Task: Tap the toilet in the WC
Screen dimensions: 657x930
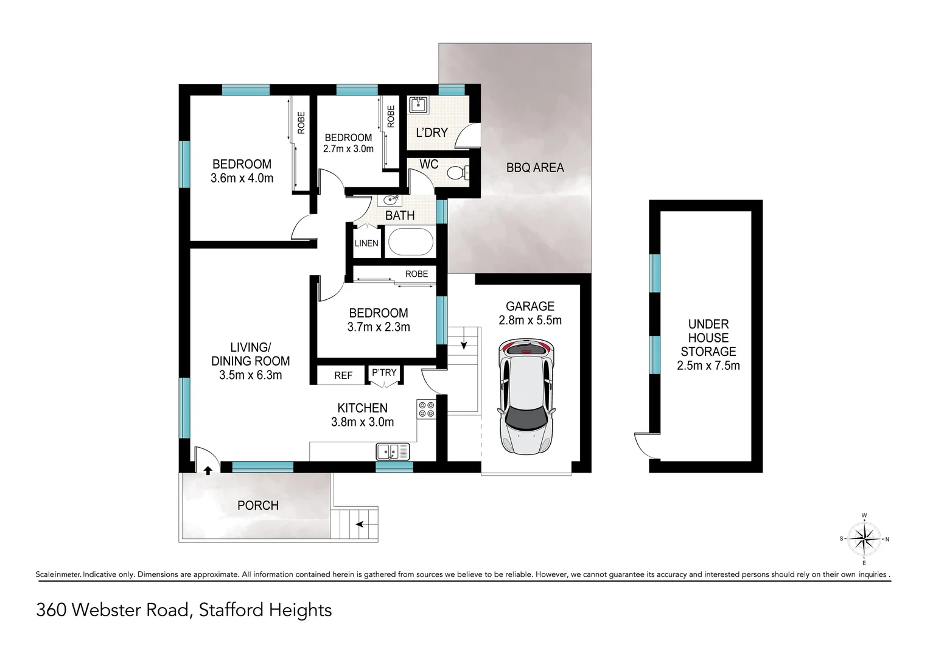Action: coord(456,173)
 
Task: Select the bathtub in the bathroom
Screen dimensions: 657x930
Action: coord(410,242)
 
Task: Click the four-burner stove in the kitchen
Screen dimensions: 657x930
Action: coord(425,409)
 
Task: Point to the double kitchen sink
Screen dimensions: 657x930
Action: coord(393,452)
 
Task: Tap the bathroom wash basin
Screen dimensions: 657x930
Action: coord(391,200)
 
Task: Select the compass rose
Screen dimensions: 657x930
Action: coord(864,539)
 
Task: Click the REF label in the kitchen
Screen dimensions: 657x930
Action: coord(343,375)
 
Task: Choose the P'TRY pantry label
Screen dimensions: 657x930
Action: coord(384,372)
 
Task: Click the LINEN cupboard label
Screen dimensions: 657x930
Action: coord(366,243)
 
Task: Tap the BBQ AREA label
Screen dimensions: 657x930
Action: coord(535,167)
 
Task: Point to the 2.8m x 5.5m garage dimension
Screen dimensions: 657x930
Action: coord(530,321)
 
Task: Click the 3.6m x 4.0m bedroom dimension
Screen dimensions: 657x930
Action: coord(242,178)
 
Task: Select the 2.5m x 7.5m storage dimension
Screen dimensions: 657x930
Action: coord(708,366)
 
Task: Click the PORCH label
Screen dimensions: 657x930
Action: coord(258,505)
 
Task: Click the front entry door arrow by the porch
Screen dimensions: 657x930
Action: coord(208,470)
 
